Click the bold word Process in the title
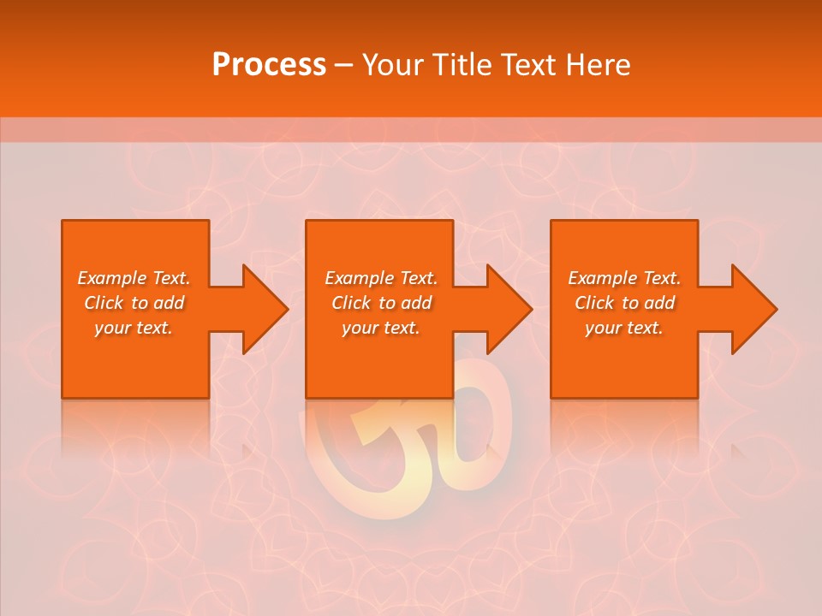(x=269, y=65)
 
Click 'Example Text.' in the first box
(x=134, y=278)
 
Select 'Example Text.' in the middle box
(x=381, y=278)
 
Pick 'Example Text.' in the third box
(x=624, y=278)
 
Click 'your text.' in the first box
(x=134, y=328)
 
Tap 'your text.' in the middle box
(x=381, y=328)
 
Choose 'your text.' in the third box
(x=624, y=328)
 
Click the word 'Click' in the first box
(x=104, y=303)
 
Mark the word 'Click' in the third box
(x=595, y=303)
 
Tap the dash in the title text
(x=344, y=66)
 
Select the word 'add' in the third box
(x=658, y=303)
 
